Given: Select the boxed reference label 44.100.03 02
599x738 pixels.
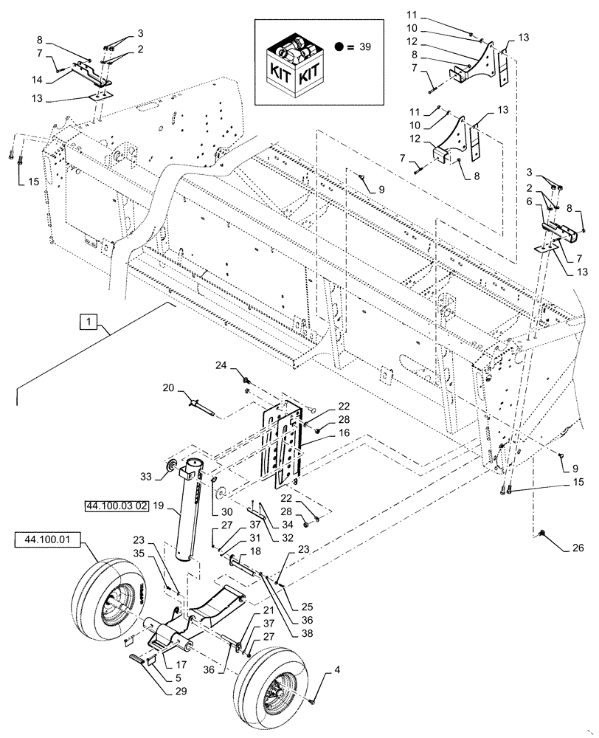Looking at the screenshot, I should click(111, 506).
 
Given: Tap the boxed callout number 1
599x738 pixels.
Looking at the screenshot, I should click(90, 321).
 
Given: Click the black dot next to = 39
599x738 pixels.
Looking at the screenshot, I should click(338, 46).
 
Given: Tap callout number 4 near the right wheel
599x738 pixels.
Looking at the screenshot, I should click(318, 672).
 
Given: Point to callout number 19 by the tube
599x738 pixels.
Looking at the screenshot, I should click(158, 507).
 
